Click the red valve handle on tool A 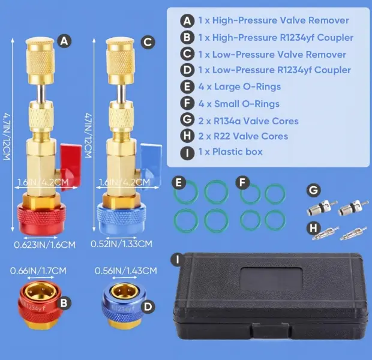tap(71, 167)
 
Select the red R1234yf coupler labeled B tap(40, 305)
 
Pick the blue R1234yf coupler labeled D tap(124, 305)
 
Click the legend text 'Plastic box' tap(237, 152)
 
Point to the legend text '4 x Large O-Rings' tap(239, 86)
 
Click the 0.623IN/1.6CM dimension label tap(44, 245)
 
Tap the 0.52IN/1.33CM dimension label tap(121, 244)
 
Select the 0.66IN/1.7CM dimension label tap(38, 271)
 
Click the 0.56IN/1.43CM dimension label tap(126, 271)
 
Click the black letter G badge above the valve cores tap(314, 190)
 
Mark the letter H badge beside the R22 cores tap(313, 228)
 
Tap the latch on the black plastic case tap(271, 331)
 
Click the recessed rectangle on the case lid tap(271, 280)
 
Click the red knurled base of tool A tap(41, 219)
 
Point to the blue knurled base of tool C tap(121, 219)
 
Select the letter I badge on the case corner tap(178, 260)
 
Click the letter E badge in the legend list tap(187, 86)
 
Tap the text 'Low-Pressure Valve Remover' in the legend tap(279, 55)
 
